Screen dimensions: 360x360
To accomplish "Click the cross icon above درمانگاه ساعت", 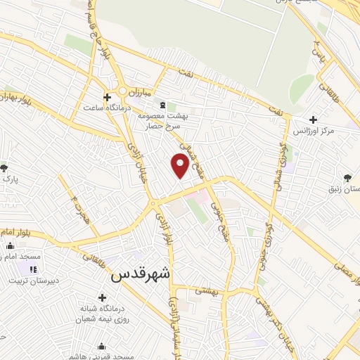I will [x=107, y=96].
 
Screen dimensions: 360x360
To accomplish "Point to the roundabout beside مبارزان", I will [x=125, y=91].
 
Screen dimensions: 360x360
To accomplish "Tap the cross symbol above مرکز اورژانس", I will [x=313, y=120].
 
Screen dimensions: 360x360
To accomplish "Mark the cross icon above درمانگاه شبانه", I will [x=103, y=297].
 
